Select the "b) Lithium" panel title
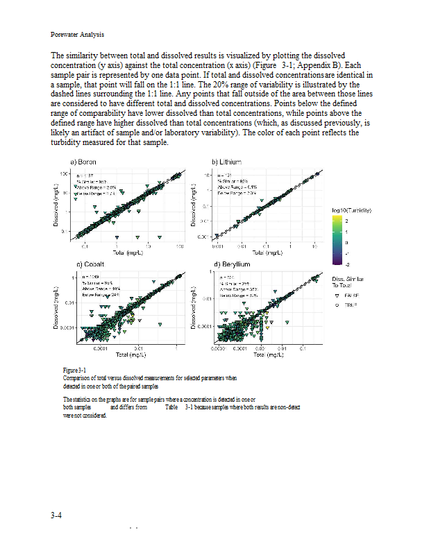click(226, 162)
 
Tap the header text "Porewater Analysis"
click(77, 34)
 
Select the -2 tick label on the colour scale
click(347, 264)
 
